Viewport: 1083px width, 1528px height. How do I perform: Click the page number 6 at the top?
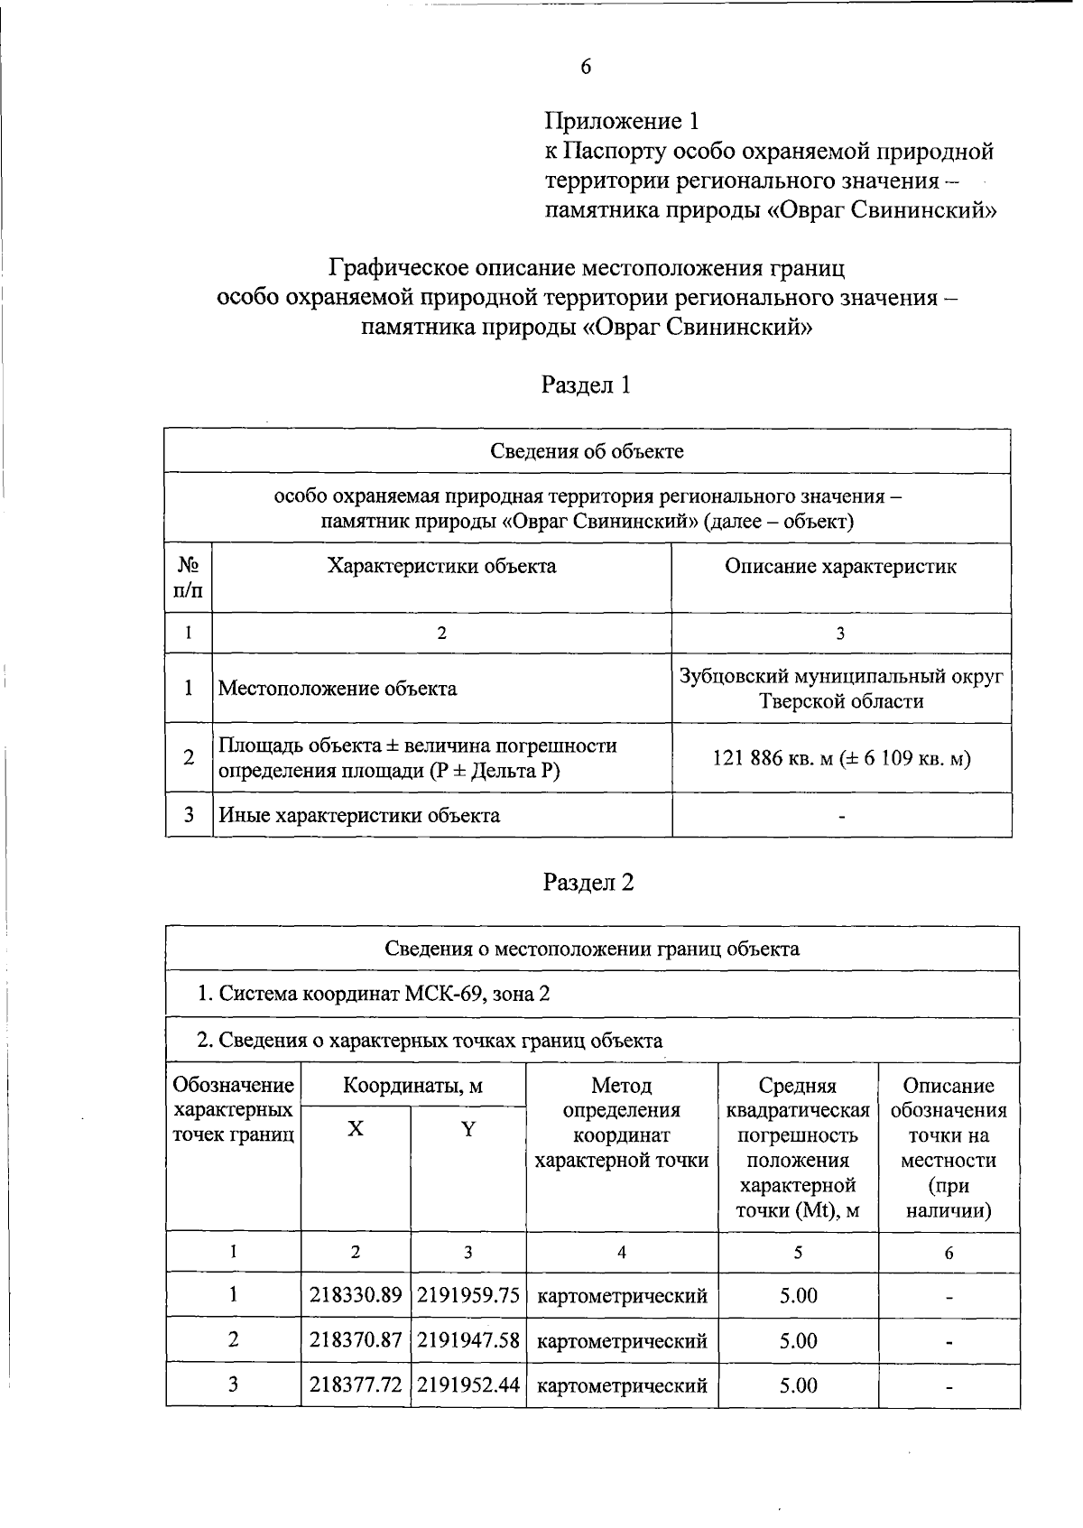(586, 66)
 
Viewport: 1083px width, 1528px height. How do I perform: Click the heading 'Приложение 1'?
(622, 121)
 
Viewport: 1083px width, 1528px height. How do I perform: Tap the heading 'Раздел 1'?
(586, 385)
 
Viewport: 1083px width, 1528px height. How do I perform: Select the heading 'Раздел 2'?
(588, 882)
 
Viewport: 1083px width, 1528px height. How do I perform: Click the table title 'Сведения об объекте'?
(587, 451)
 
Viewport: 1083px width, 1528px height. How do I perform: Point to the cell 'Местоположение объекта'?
(338, 689)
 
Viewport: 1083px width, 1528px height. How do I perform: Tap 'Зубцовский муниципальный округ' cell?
(841, 677)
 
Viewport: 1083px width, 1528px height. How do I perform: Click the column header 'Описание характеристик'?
(840, 567)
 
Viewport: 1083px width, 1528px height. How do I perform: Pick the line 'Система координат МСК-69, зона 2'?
(374, 995)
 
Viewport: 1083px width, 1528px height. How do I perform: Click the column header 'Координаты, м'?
(412, 1086)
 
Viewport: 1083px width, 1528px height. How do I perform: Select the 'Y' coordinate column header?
(467, 1129)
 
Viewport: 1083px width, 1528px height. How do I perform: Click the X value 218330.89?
(356, 1296)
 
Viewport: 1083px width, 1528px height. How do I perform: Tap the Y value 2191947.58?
(468, 1340)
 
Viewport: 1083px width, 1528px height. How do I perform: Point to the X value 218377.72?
(356, 1384)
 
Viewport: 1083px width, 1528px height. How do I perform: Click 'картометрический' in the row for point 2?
(622, 1341)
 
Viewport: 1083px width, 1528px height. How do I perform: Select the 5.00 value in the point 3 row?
(799, 1384)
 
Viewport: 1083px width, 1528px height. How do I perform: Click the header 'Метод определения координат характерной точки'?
(622, 1122)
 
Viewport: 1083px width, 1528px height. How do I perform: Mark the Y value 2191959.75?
(468, 1296)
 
